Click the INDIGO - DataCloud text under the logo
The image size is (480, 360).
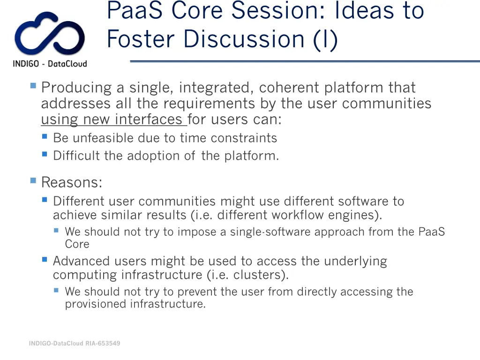click(x=50, y=64)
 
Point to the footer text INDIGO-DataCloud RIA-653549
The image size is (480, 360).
click(x=75, y=343)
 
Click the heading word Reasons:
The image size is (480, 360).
click(x=72, y=182)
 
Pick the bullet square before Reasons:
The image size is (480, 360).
click(x=33, y=180)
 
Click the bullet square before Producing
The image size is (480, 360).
click(x=33, y=86)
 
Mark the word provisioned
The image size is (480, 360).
click(x=96, y=304)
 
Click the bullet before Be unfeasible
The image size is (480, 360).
click(x=45, y=137)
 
